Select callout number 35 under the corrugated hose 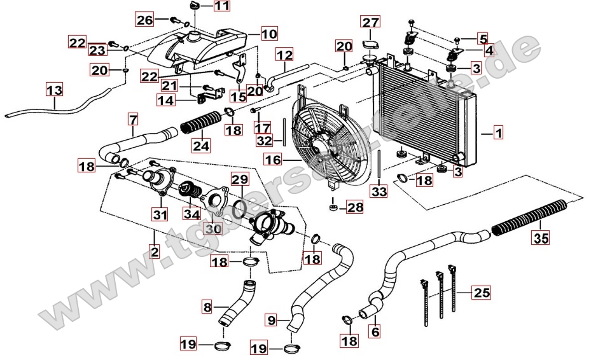(x=541, y=239)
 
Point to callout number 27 (x=370, y=24)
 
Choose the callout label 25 (x=482, y=293)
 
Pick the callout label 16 (x=272, y=162)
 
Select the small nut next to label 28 (x=333, y=207)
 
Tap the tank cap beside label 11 (x=195, y=7)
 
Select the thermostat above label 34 (x=190, y=190)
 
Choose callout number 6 (x=375, y=331)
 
